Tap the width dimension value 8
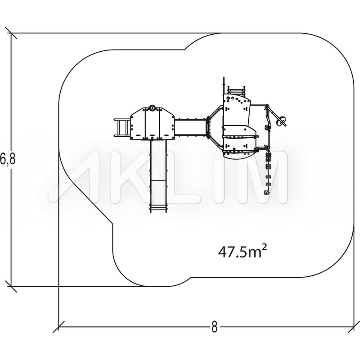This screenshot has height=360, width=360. [214, 327]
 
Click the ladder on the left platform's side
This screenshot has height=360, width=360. [122, 128]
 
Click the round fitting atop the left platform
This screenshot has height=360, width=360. [152, 108]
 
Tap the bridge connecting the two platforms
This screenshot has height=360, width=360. [190, 128]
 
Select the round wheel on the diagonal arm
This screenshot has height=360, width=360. [281, 120]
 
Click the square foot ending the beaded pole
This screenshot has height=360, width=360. [266, 193]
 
